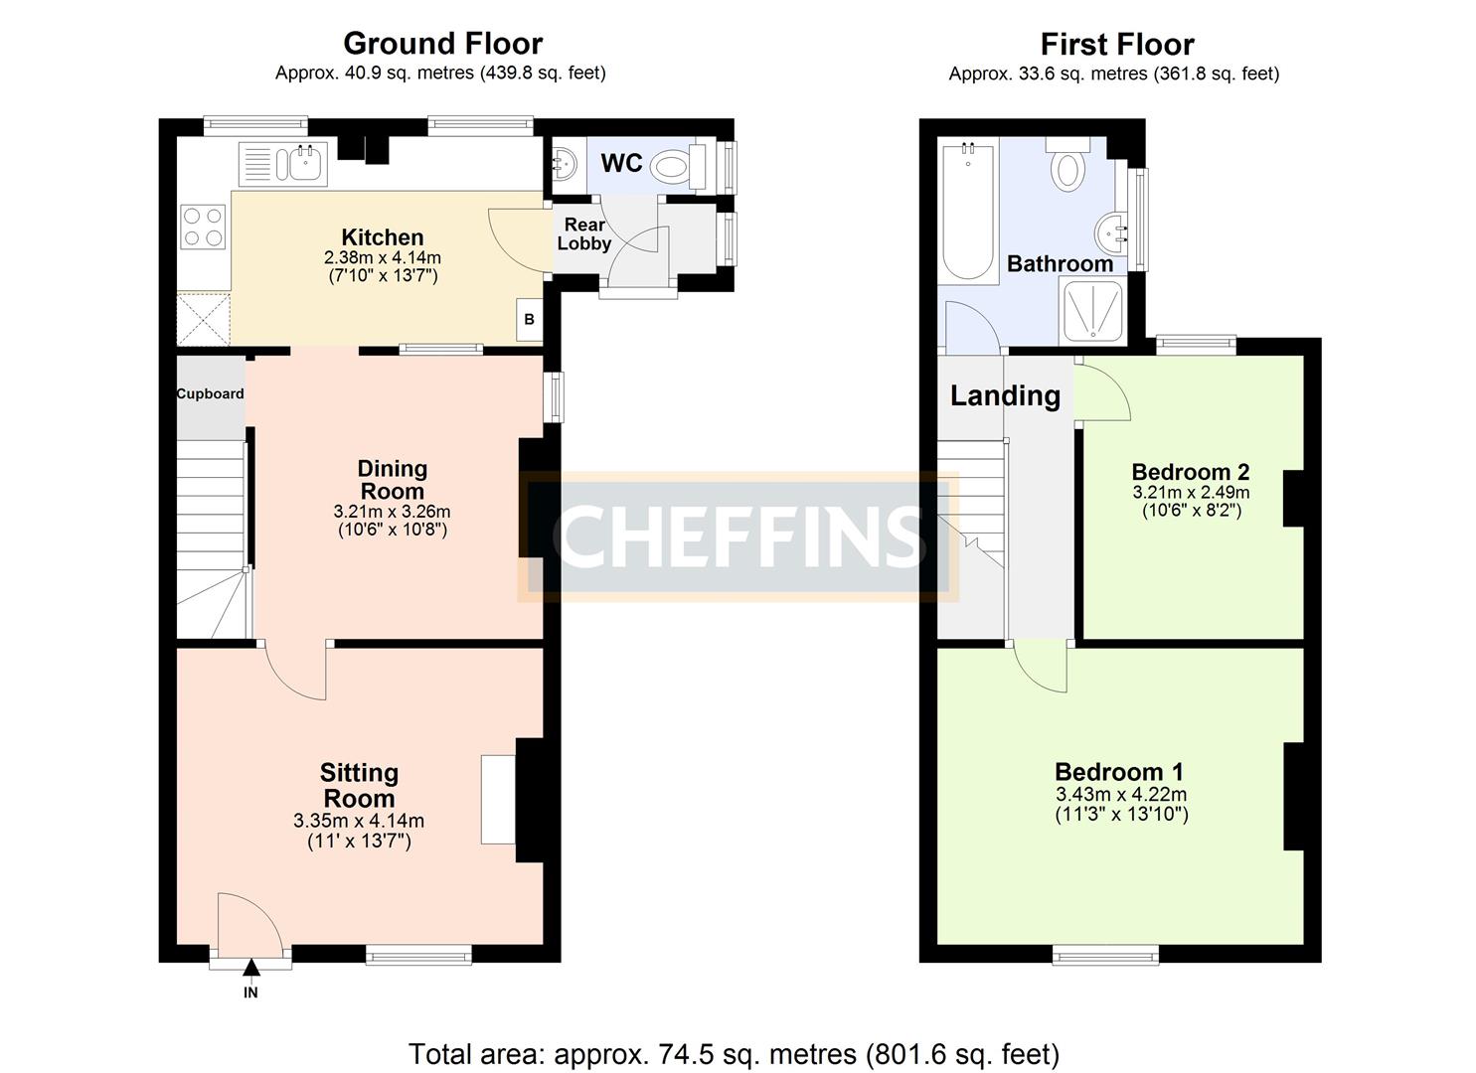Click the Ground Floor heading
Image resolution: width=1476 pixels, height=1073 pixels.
point(442,44)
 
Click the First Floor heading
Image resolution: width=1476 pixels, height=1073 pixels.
point(1116,45)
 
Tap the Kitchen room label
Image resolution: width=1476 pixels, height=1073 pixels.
point(383,237)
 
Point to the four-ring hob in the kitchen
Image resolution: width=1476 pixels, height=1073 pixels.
point(203,226)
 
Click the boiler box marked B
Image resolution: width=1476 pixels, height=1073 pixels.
point(529,319)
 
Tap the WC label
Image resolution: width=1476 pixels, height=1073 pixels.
point(621,163)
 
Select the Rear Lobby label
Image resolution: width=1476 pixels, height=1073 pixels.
point(584,234)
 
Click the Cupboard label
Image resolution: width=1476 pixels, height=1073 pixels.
point(210,393)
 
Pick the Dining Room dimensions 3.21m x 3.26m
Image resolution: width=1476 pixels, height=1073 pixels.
point(392,512)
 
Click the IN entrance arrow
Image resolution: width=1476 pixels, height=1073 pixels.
point(250,968)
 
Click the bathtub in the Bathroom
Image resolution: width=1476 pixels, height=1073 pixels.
point(968,212)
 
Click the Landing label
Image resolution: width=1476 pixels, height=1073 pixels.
point(1005,395)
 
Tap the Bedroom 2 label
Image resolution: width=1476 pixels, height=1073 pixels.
point(1190,472)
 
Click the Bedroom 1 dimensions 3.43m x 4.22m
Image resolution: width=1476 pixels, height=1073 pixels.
point(1121,795)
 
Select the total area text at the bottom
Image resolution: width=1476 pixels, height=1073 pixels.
point(734,1053)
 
